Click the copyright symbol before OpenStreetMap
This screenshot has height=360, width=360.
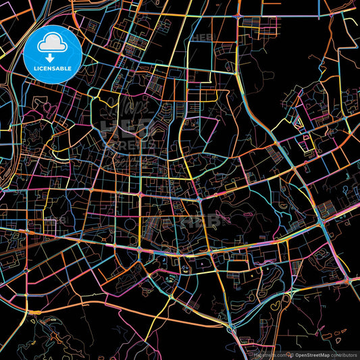coord(293,355)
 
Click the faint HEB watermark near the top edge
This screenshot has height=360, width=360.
coord(202,37)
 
